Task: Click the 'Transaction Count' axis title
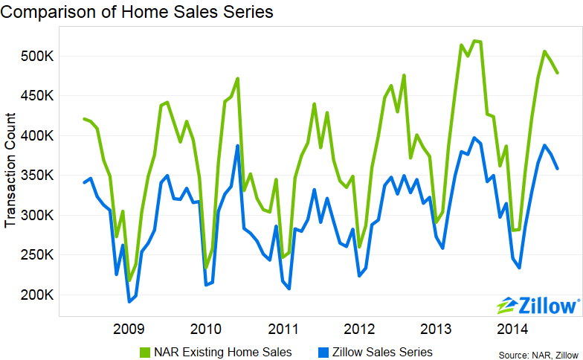11,170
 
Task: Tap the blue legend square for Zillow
322,351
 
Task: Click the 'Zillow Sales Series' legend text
382,351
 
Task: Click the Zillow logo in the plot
538,305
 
